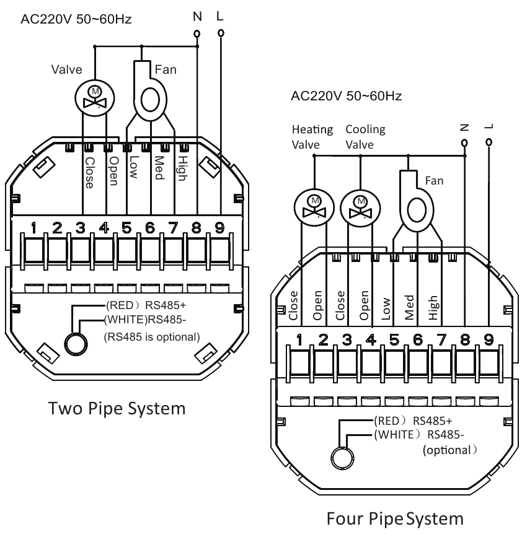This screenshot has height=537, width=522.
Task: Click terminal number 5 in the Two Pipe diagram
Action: (127, 227)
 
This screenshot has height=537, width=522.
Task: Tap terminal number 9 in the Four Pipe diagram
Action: (489, 339)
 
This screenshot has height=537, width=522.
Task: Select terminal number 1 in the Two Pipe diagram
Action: (35, 227)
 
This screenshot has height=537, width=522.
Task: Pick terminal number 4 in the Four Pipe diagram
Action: (371, 339)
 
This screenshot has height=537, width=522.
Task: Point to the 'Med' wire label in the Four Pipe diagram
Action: (410, 305)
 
